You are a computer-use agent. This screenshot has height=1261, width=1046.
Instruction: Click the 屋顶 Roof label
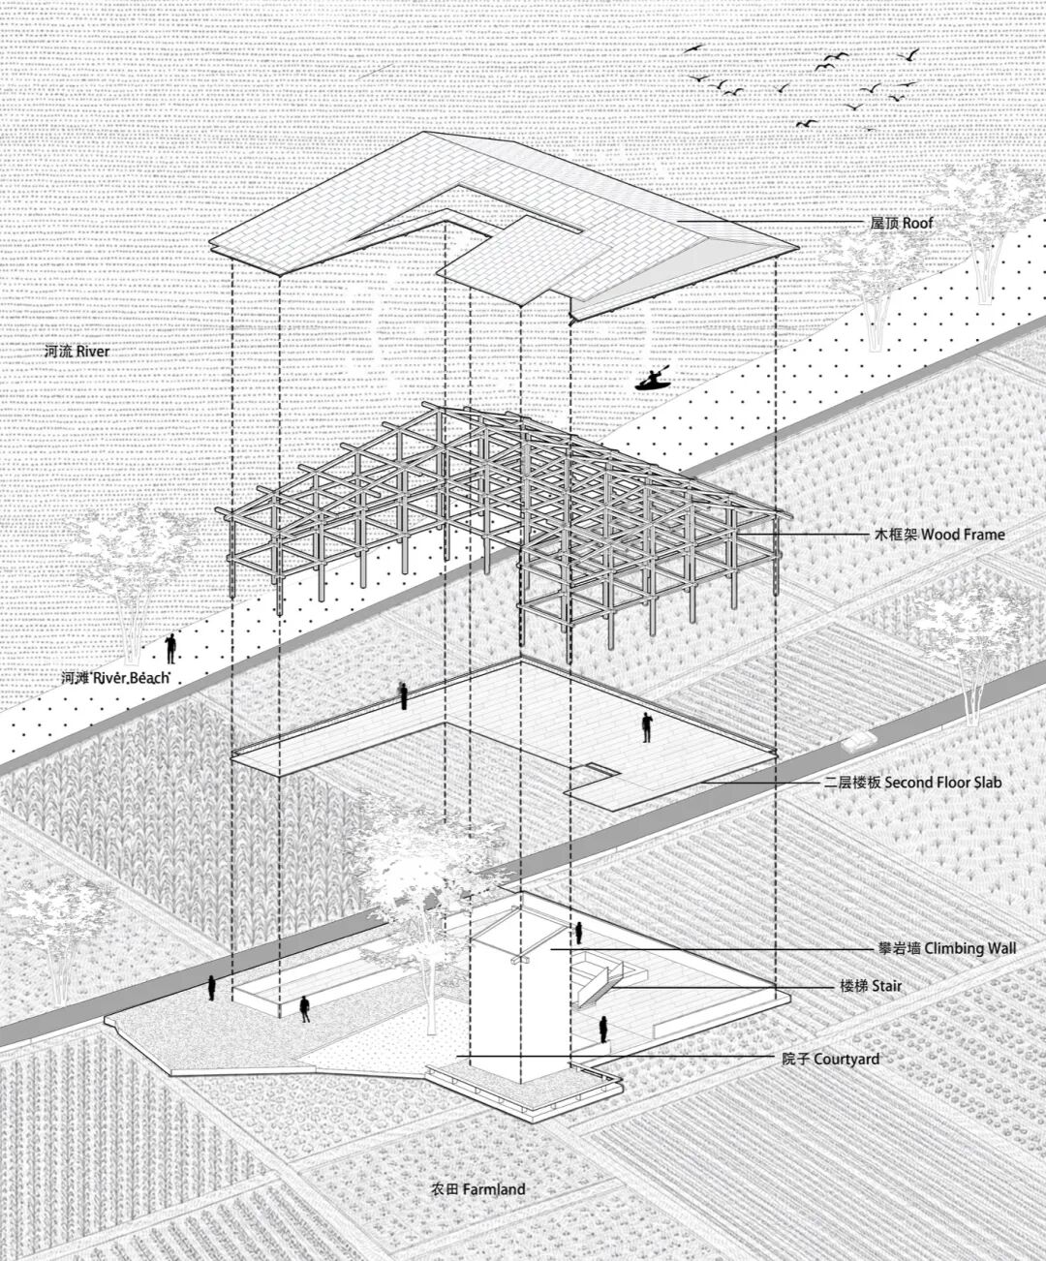[x=901, y=223]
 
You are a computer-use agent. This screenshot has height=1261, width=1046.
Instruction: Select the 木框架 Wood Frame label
[x=939, y=535]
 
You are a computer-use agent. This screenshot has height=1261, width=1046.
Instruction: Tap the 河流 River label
[x=77, y=351]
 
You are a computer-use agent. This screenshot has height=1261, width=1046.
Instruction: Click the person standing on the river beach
[x=171, y=649]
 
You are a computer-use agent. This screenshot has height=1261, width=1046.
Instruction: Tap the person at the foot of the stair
[x=602, y=1030]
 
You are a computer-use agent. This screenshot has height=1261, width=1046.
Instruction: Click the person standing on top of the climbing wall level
[x=578, y=933]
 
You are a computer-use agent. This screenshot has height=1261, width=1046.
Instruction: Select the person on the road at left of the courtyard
[x=211, y=988]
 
